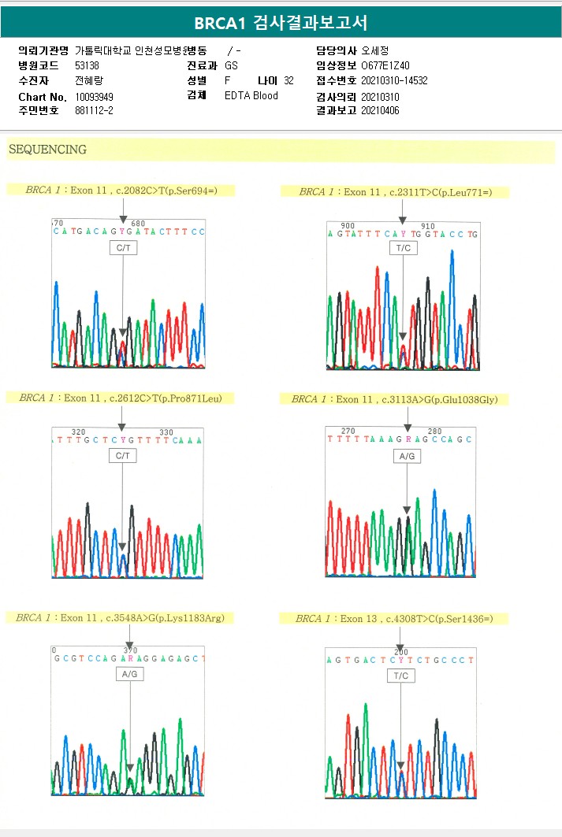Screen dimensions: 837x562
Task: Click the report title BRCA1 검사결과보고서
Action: pyautogui.click(x=281, y=23)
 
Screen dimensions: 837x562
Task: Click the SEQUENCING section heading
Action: pyautogui.click(x=47, y=149)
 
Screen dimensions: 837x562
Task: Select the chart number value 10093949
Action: pyautogui.click(x=95, y=97)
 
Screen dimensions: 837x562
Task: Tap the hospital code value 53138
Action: pyautogui.click(x=87, y=66)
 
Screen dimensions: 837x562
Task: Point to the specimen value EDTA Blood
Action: pyautogui.click(x=251, y=96)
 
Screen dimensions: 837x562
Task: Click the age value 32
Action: pyautogui.click(x=288, y=81)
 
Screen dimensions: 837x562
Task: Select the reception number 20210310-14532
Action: pyautogui.click(x=394, y=81)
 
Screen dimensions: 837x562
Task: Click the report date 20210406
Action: pyautogui.click(x=380, y=111)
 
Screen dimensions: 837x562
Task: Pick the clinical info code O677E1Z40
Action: pyautogui.click(x=385, y=66)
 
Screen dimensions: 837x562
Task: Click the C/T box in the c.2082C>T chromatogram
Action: pyautogui.click(x=122, y=248)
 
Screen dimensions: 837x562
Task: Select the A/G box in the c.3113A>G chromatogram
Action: pyautogui.click(x=407, y=456)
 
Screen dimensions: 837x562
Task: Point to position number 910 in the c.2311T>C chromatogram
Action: pyautogui.click(x=428, y=226)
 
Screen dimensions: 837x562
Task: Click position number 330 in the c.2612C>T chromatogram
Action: pyautogui.click(x=166, y=432)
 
